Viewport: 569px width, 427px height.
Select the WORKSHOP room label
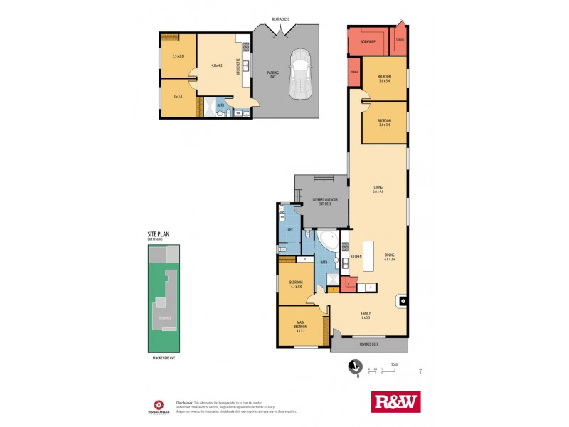tap(367, 41)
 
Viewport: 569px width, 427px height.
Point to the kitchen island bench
tap(369, 261)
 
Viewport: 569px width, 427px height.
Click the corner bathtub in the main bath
tap(329, 240)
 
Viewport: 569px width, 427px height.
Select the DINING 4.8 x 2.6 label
tap(389, 258)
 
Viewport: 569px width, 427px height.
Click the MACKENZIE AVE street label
tap(164, 358)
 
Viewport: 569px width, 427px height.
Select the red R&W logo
tap(396, 402)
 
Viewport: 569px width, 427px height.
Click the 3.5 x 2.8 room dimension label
tap(178, 56)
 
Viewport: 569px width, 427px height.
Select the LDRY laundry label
tap(290, 229)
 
